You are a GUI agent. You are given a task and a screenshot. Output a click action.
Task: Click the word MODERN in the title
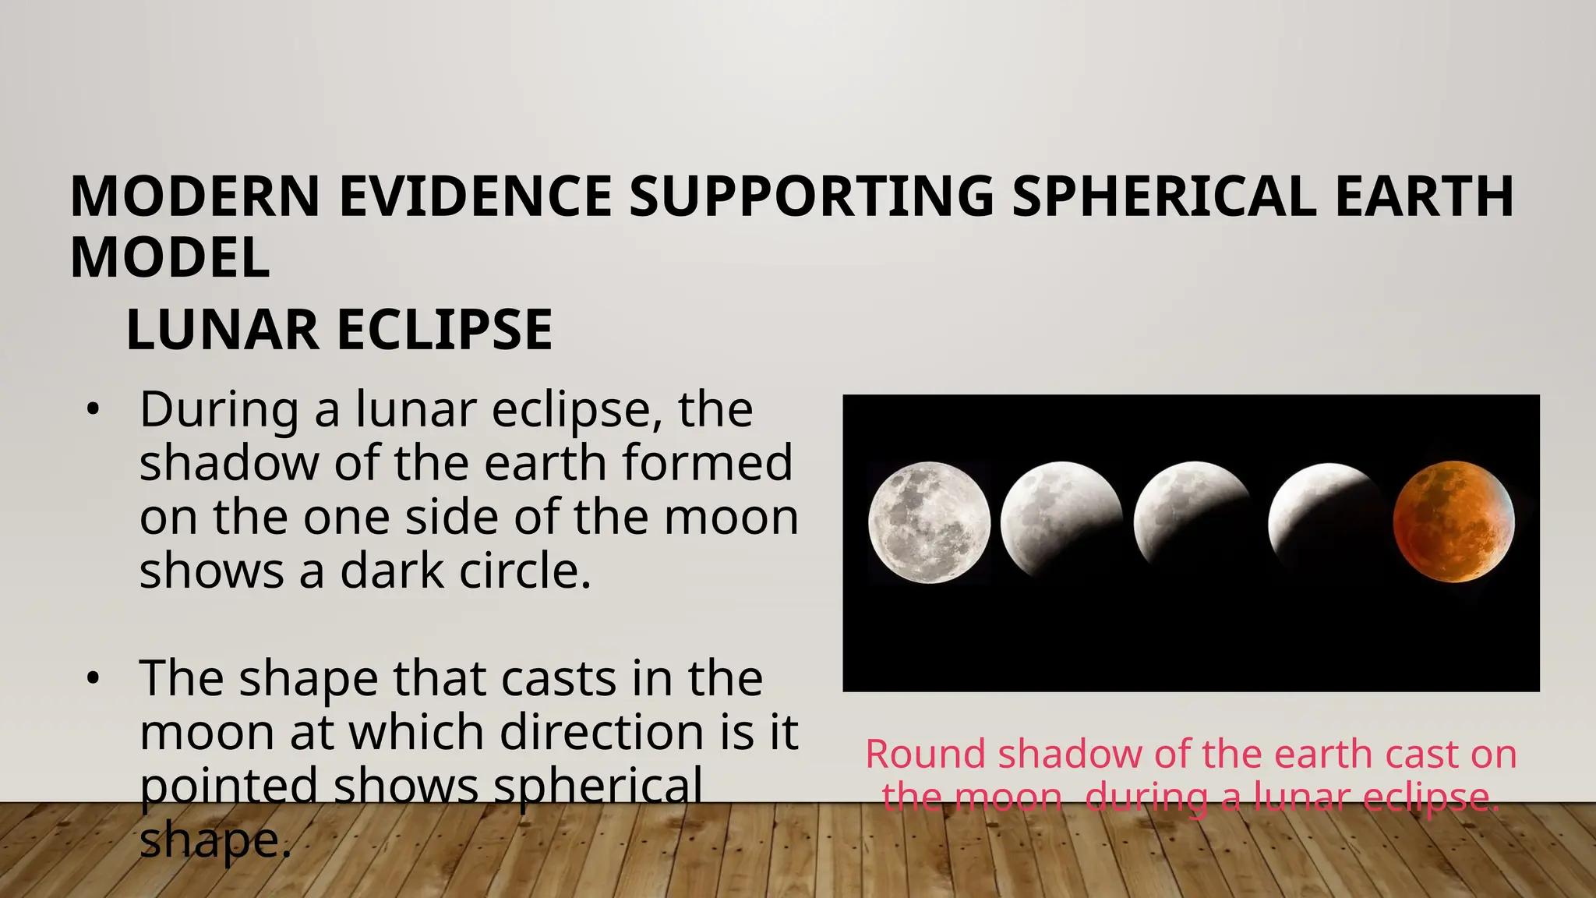coord(195,196)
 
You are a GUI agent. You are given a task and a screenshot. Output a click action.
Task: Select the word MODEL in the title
coord(170,258)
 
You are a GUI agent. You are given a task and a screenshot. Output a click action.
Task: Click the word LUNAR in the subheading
coord(222,330)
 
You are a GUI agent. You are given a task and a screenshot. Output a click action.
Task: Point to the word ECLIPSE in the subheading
coord(444,330)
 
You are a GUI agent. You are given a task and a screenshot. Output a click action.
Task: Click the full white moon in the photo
coord(929,522)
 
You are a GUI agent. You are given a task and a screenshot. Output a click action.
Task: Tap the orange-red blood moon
coord(1453,521)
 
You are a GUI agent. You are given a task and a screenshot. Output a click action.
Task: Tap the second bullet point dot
coord(93,679)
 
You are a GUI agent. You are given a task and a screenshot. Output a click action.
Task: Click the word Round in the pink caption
coord(927,755)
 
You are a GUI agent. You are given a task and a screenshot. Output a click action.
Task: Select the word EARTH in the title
coord(1424,196)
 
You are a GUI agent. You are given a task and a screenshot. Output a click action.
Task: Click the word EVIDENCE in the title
coord(475,196)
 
